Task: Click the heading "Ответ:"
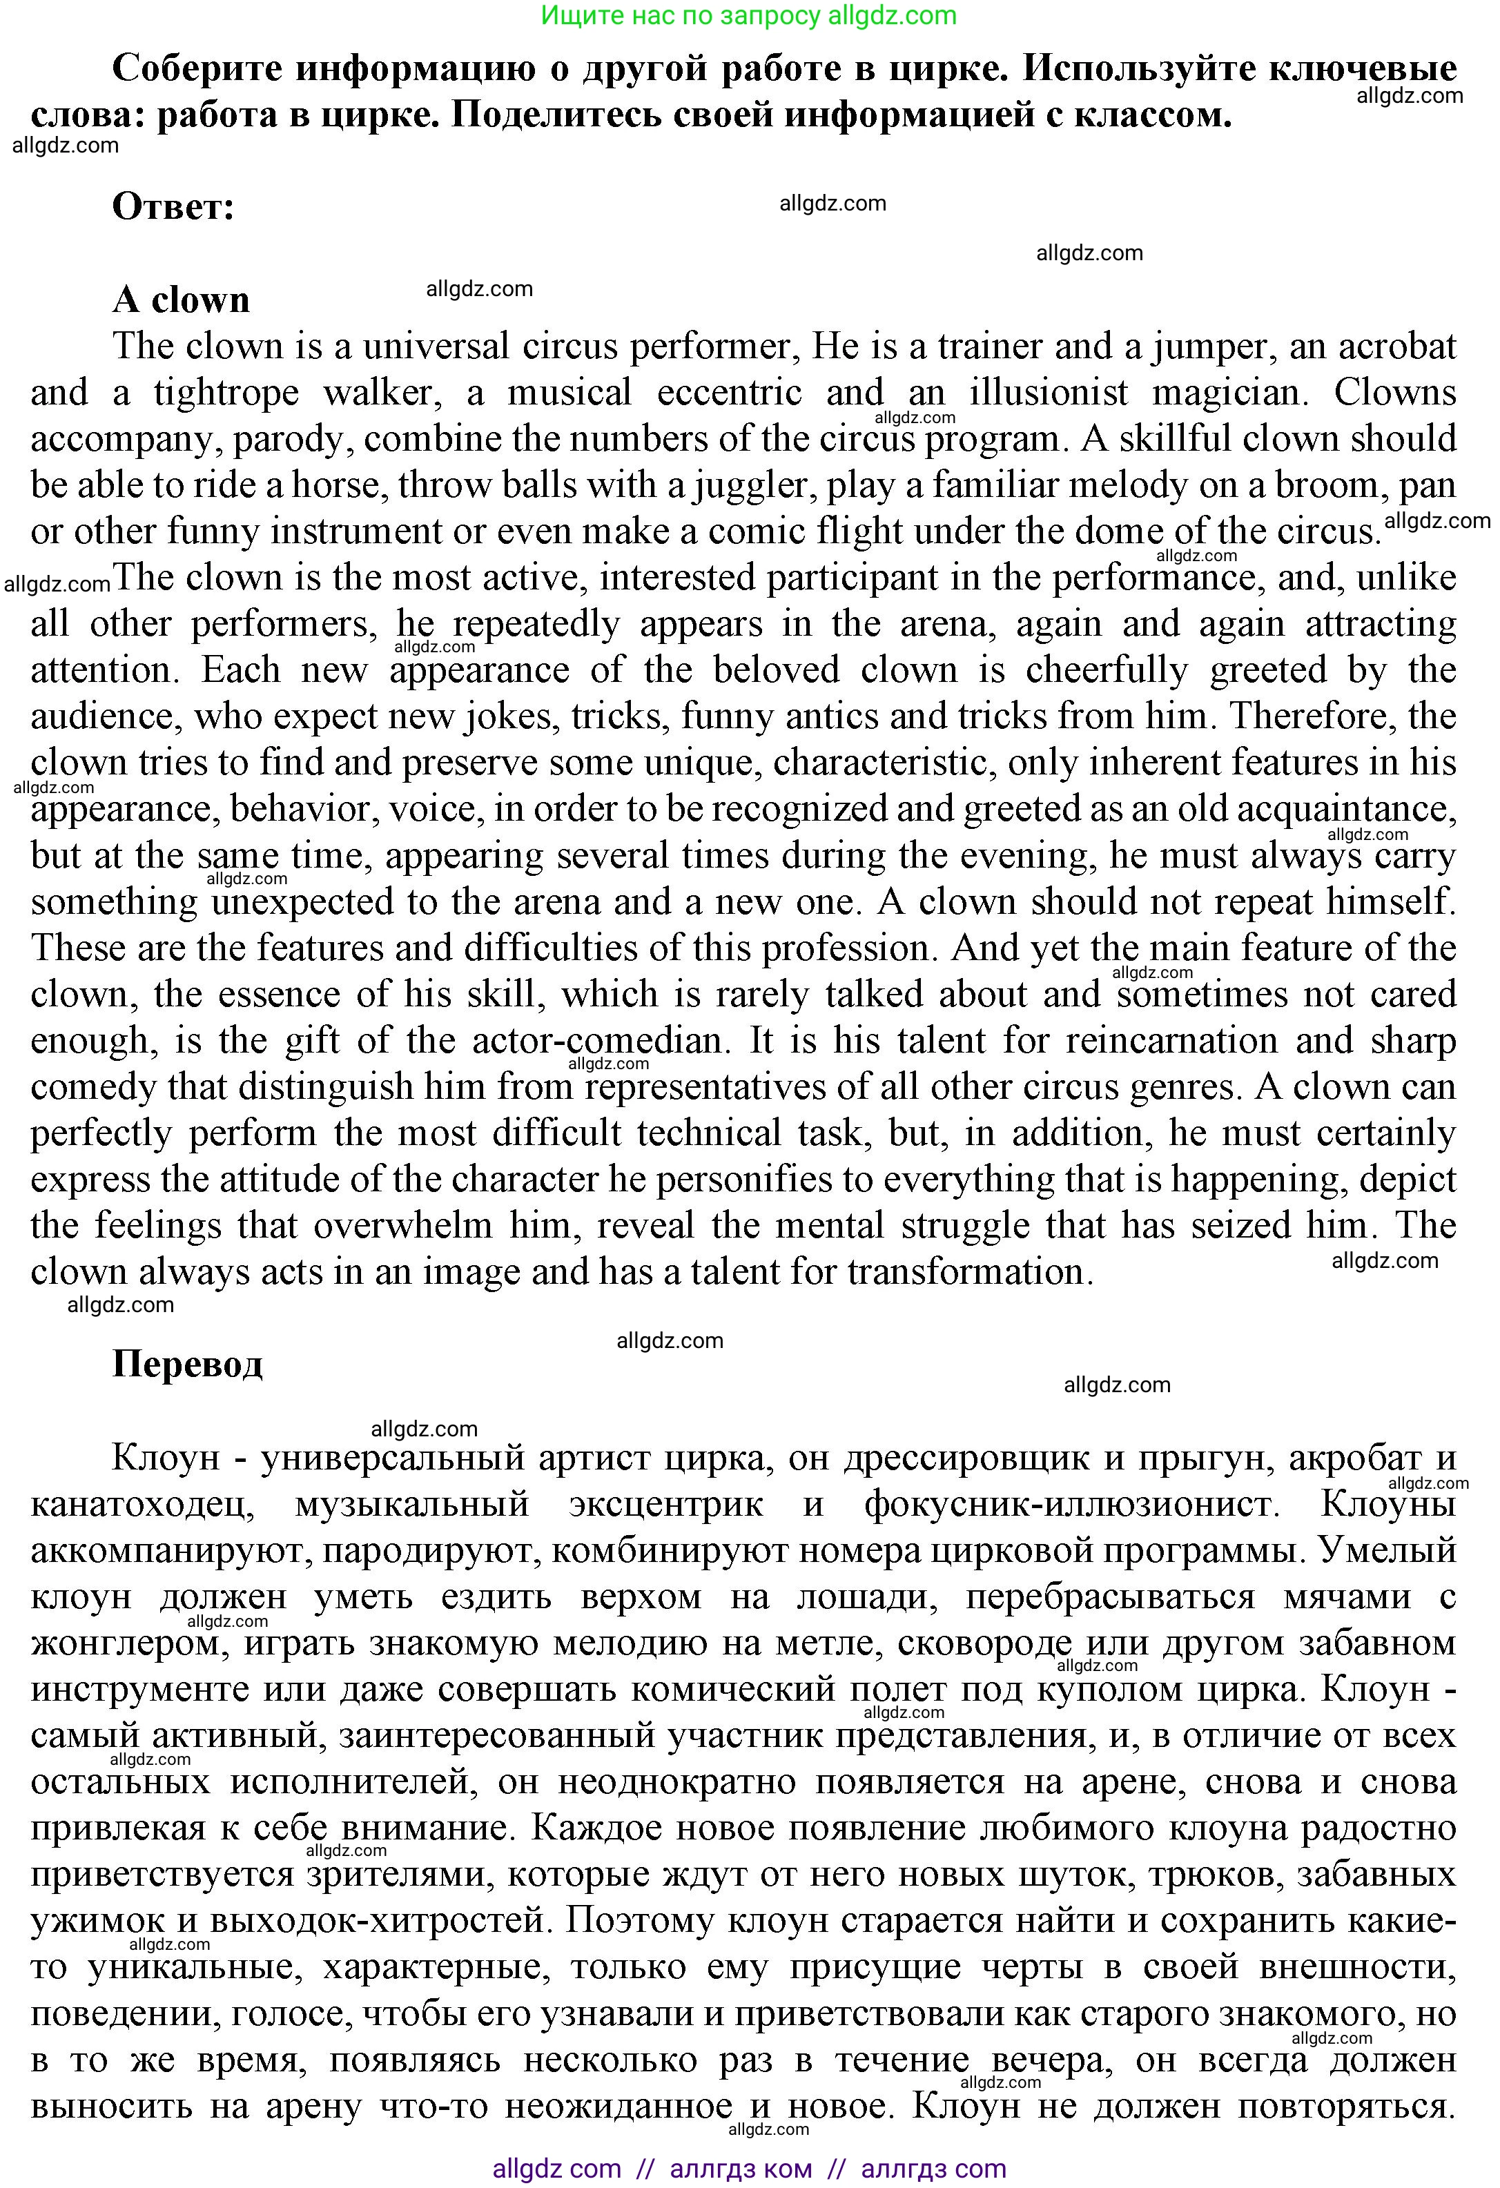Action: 173,206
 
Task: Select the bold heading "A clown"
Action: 181,300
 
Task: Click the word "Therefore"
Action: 1313,717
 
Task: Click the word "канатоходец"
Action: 142,1505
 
